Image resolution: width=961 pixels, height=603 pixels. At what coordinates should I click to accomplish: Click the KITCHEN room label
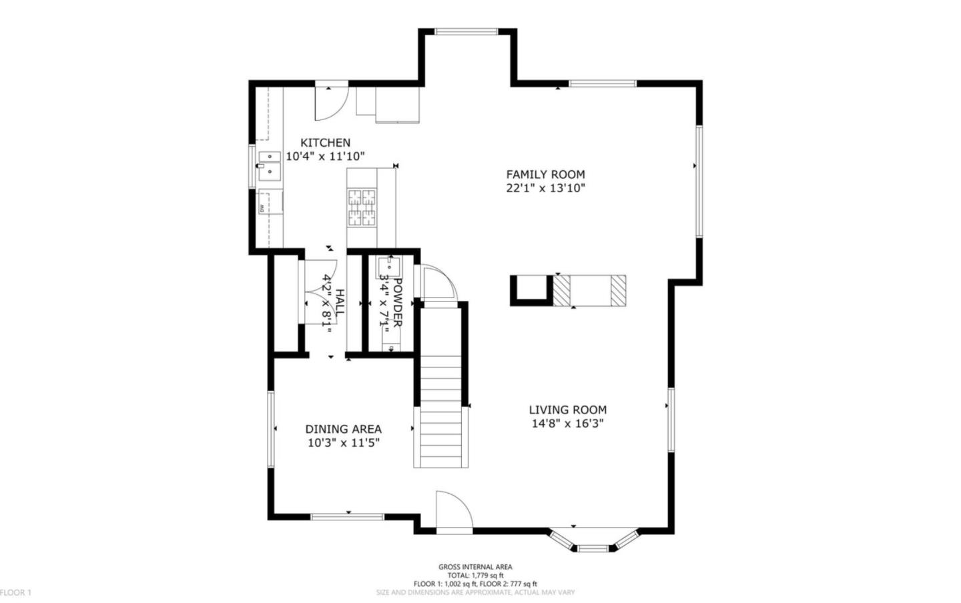coord(325,143)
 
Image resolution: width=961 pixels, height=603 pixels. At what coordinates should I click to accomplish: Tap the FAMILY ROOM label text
coord(545,175)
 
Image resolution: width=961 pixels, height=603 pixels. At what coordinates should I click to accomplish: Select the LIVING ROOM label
coord(568,410)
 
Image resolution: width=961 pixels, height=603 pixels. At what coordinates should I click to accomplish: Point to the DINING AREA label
coord(343,429)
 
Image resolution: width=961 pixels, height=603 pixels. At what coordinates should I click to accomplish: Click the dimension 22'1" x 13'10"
coord(545,189)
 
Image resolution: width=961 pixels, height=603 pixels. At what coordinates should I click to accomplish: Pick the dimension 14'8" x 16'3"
coord(567,424)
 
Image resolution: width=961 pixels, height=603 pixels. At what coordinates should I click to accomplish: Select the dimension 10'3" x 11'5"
coord(343,443)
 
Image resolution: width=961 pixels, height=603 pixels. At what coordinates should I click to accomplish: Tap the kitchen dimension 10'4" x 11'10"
coord(325,157)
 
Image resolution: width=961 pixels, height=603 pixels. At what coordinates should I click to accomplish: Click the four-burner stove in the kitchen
coord(361,207)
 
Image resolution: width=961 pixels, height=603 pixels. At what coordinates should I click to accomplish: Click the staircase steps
coord(440,414)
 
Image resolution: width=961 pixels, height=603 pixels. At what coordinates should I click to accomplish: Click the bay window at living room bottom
coord(593,542)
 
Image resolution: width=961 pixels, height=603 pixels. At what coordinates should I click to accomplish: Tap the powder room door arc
coord(437,281)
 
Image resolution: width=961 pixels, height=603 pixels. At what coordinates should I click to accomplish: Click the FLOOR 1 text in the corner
coord(15,592)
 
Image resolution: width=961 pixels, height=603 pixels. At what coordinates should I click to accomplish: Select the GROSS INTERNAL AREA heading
coord(475,567)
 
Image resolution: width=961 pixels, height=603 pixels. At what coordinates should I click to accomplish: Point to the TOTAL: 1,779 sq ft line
coord(475,576)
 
